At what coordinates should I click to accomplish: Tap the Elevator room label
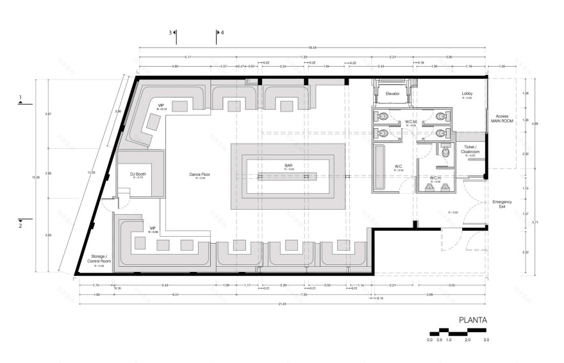[393, 94]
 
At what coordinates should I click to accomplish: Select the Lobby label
[467, 94]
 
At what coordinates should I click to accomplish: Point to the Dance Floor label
[200, 174]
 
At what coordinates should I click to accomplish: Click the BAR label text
[288, 165]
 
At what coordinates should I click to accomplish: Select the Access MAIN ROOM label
[502, 119]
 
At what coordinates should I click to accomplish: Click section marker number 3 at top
[170, 32]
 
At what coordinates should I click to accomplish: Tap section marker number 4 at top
[222, 32]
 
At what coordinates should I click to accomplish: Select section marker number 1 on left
[21, 97]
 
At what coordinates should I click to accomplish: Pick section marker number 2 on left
[21, 226]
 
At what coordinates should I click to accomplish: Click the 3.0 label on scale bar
[486, 339]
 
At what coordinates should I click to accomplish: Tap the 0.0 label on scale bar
[429, 339]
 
